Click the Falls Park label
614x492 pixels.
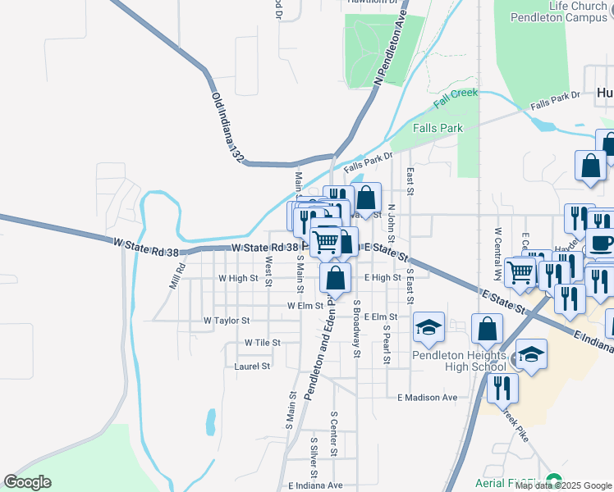pyautogui.click(x=438, y=128)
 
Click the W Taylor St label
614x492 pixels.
pyautogui.click(x=227, y=321)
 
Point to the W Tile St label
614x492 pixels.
pyautogui.click(x=262, y=343)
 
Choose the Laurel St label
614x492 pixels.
pyautogui.click(x=252, y=367)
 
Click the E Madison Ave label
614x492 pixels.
pyautogui.click(x=427, y=398)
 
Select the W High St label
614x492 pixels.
pyautogui.click(x=238, y=279)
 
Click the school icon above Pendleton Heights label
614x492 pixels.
pyautogui.click(x=428, y=328)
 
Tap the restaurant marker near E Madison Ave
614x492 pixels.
pyautogui.click(x=502, y=387)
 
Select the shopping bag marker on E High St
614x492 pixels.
pyautogui.click(x=336, y=279)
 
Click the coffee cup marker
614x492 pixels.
pyautogui.click(x=600, y=244)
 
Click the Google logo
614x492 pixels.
pyautogui.click(x=27, y=482)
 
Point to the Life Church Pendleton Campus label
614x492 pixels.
pyautogui.click(x=558, y=11)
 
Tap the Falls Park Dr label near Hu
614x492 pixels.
pyautogui.click(x=555, y=101)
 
